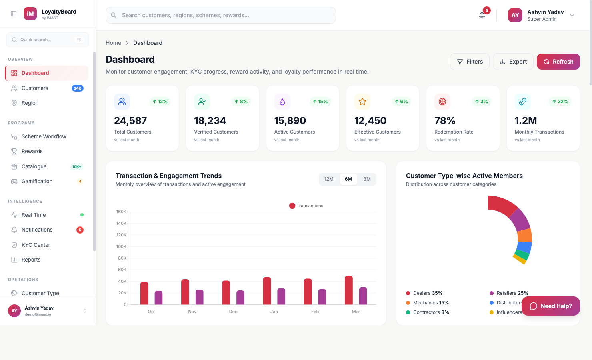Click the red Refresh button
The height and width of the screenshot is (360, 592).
pos(558,62)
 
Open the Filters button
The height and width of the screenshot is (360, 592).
pos(470,62)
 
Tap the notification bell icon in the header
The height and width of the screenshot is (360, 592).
pos(482,15)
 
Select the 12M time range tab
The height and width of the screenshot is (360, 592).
pos(329,179)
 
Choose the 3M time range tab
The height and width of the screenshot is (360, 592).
pos(367,179)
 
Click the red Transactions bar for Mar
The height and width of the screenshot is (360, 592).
pos(349,290)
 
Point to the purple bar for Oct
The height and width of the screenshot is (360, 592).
pos(158,298)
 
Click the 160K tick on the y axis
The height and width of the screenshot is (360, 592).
pos(121,212)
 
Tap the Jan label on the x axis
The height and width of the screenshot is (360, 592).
pos(274,312)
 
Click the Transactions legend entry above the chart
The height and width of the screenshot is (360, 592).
pos(306,206)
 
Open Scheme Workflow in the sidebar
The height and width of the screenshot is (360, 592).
pos(44,136)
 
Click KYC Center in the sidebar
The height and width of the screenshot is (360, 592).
pos(36,245)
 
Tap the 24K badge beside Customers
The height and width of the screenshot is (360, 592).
pos(77,88)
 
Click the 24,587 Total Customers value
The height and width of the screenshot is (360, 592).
pos(130,120)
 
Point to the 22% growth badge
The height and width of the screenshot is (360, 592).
pos(560,102)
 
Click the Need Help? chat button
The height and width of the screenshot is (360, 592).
pos(551,306)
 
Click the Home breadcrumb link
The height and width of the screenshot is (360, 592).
pos(113,43)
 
